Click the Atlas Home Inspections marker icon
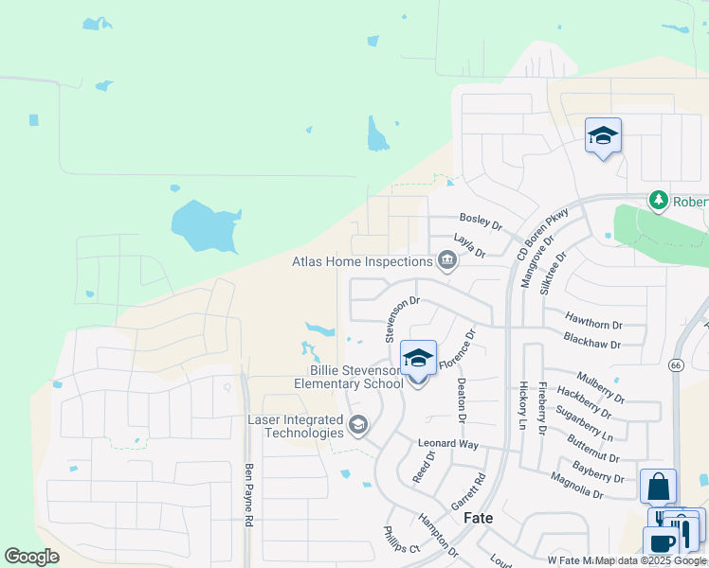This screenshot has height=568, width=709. pyautogui.click(x=446, y=260)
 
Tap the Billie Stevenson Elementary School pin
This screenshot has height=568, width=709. pyautogui.click(x=418, y=361)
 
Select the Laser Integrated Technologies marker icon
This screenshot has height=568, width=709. pyautogui.click(x=358, y=425)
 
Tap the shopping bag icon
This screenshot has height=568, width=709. pyautogui.click(x=658, y=488)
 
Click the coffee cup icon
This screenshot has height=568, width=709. pyautogui.click(x=661, y=544)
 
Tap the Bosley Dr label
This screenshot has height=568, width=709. pyautogui.click(x=480, y=221)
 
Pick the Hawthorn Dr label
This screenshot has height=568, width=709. pyautogui.click(x=593, y=323)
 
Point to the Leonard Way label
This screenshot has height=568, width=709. pyautogui.click(x=448, y=443)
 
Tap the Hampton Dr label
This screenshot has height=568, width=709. pyautogui.click(x=438, y=535)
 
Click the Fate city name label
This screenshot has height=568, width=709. pyautogui.click(x=479, y=518)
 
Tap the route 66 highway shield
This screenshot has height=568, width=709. pyautogui.click(x=676, y=364)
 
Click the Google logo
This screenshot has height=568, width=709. pyautogui.click(x=32, y=557)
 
